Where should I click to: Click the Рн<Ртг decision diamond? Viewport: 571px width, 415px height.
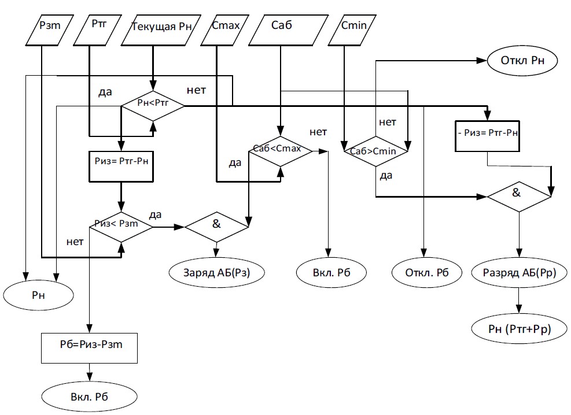pos(153,106)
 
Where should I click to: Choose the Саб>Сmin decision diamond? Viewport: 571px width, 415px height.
pos(376,151)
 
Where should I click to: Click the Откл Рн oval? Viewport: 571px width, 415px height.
pos(522,60)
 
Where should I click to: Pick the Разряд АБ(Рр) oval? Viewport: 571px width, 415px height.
pos(518,272)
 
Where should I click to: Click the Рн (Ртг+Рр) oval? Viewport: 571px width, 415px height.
pos(518,329)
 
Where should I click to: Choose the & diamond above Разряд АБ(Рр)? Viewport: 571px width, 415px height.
pos(518,196)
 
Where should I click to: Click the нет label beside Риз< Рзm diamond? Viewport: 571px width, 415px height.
pos(76,242)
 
